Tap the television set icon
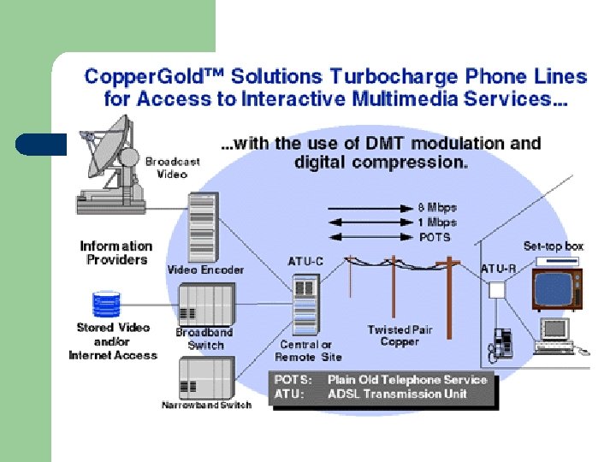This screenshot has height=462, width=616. [x=556, y=288]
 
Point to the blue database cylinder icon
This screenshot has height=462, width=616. [x=106, y=305]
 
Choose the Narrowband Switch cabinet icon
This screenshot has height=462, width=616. [x=206, y=376]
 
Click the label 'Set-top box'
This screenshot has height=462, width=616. [x=553, y=246]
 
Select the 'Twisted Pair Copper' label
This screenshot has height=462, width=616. [x=400, y=335]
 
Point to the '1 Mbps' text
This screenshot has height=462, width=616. [x=437, y=222]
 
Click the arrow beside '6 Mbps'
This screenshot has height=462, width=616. [x=368, y=208]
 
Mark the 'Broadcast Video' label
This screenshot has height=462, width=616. [x=172, y=168]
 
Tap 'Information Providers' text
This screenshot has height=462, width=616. [x=116, y=252]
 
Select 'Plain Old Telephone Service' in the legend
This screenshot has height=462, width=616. [x=407, y=380]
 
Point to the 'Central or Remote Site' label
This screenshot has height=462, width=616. [x=308, y=351]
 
